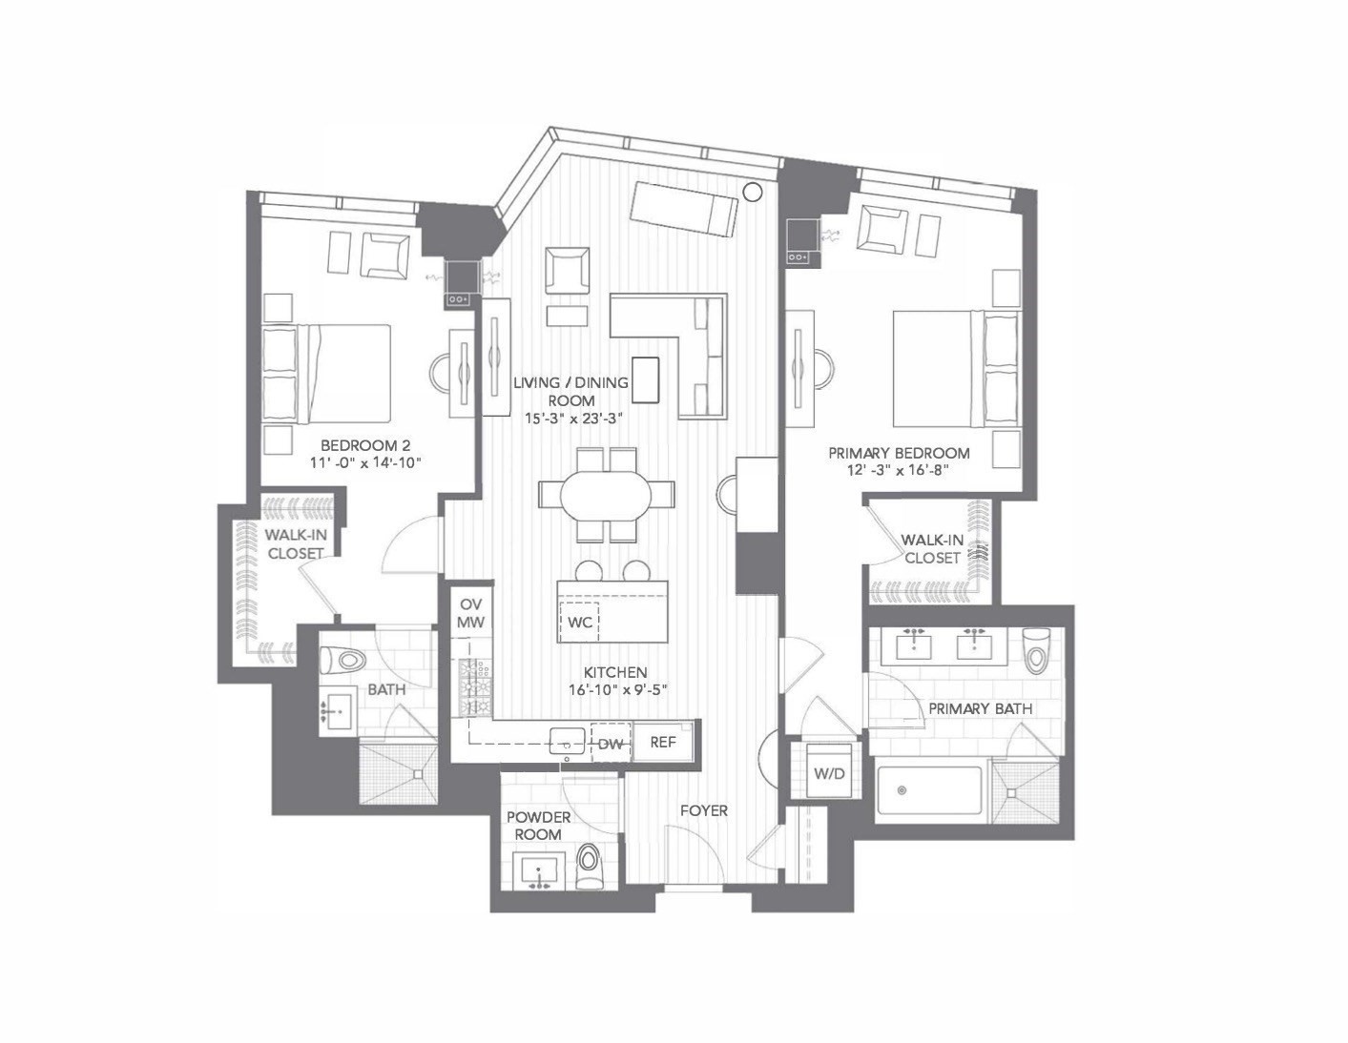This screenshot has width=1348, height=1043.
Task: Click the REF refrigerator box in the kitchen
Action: point(662,741)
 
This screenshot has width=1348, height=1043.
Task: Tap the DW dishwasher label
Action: point(611,744)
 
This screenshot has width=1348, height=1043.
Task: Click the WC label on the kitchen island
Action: point(580,623)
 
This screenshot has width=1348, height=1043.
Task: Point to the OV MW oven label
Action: point(470,613)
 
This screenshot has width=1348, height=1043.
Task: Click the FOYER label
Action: point(703,810)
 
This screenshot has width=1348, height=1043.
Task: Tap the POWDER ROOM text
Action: point(538,826)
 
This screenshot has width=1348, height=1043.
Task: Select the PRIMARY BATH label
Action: point(980,708)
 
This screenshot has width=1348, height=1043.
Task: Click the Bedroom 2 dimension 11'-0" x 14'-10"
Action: point(365,462)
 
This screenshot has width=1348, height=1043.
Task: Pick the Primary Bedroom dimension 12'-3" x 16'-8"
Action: point(899,469)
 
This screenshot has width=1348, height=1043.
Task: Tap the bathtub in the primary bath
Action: point(929,790)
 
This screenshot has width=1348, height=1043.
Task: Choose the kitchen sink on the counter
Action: point(568,740)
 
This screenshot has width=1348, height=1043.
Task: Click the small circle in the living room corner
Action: point(752,192)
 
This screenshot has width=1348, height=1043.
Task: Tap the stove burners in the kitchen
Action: point(475,686)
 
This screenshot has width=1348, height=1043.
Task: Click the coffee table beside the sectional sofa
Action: point(645,379)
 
